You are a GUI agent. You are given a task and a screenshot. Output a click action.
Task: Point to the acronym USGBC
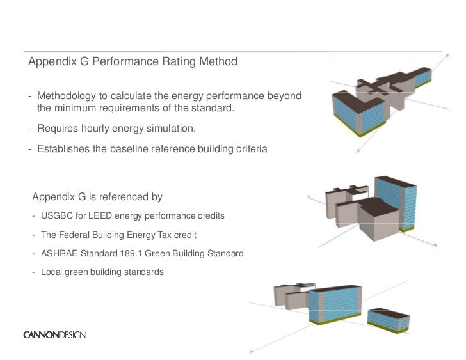pyautogui.click(x=56, y=216)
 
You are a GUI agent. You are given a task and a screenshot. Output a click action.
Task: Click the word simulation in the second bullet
pyautogui.click(x=172, y=129)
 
